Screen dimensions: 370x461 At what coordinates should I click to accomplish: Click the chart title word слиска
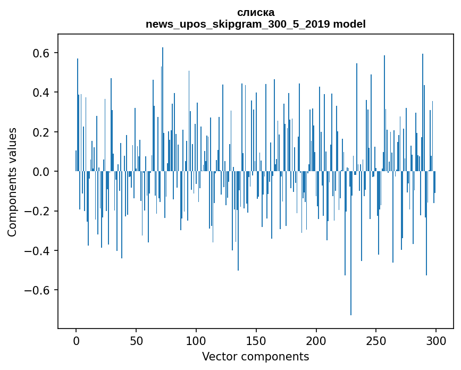coord(256,12)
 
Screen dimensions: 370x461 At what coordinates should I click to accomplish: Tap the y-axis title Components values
coord(12,182)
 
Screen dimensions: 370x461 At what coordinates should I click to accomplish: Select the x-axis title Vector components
coord(255,356)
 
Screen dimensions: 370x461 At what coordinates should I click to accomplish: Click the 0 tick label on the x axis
coord(76,340)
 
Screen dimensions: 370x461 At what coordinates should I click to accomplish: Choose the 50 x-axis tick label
coord(136,340)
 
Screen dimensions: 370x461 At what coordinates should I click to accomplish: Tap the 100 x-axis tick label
coord(196,340)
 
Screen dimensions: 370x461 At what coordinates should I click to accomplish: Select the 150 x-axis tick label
coord(256,340)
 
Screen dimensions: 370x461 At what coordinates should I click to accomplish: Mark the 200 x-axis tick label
coord(316,340)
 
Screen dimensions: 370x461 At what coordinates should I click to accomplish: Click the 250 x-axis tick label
coord(376,340)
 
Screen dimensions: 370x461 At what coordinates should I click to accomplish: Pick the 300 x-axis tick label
coord(437,340)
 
